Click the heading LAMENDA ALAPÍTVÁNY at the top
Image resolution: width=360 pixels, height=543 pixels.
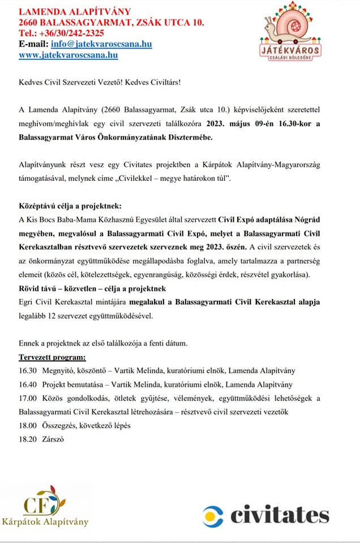[74, 11]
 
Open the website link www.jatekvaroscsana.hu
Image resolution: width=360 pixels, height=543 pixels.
[68, 55]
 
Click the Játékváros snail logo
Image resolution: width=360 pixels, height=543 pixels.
[293, 37]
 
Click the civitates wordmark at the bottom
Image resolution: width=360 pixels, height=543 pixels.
[280, 514]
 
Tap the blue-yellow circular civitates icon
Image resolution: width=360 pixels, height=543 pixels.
[214, 515]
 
